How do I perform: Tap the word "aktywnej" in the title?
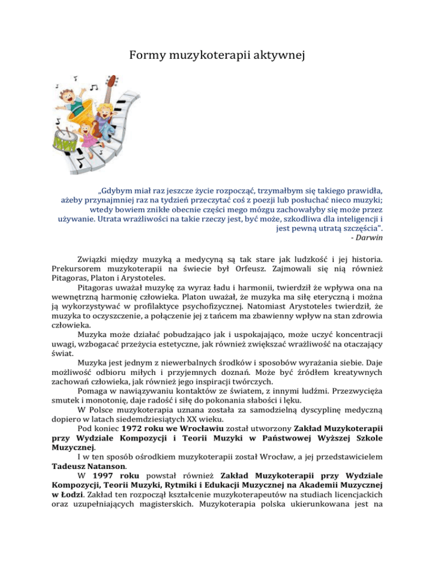click(279, 56)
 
